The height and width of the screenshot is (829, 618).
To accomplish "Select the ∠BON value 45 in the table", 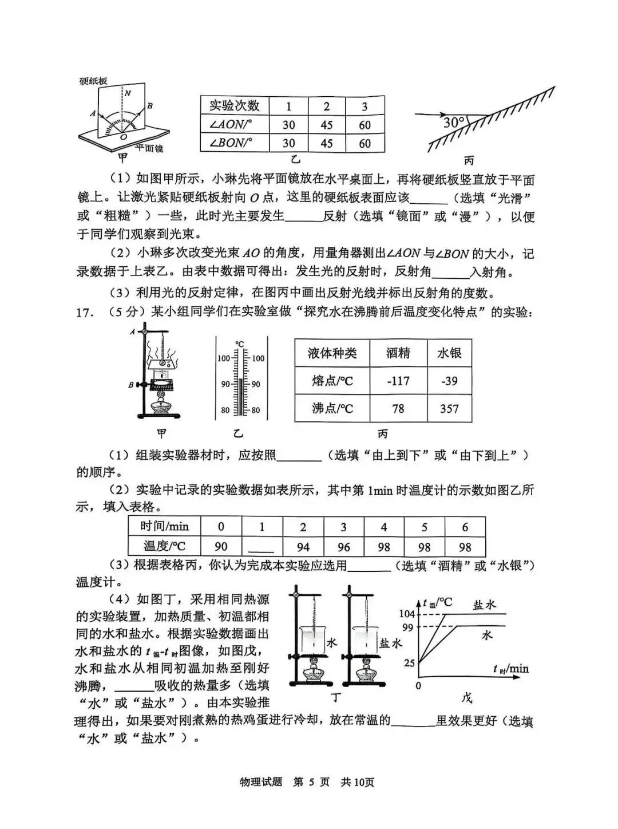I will click(x=327, y=143).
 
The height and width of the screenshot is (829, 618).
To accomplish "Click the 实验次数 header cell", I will click(x=234, y=105).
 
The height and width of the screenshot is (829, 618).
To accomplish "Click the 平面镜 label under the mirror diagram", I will click(x=149, y=148).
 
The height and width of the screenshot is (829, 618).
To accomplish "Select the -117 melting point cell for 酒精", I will click(x=398, y=381).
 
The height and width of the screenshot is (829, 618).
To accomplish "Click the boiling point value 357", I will click(x=449, y=409).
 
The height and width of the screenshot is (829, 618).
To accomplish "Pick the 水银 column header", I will click(x=449, y=353).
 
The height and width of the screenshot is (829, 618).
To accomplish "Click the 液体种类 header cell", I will click(x=332, y=353).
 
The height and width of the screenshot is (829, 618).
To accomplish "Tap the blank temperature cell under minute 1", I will click(x=262, y=546).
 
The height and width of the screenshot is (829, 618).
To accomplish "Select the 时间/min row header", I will click(x=164, y=527).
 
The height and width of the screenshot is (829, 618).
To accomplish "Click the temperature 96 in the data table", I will click(x=343, y=546).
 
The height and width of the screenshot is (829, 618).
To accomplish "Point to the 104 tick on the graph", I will click(x=407, y=614).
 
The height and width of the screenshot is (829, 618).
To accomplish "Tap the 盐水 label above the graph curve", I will click(x=484, y=605).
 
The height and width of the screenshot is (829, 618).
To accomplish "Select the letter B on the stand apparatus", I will click(x=131, y=385).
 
